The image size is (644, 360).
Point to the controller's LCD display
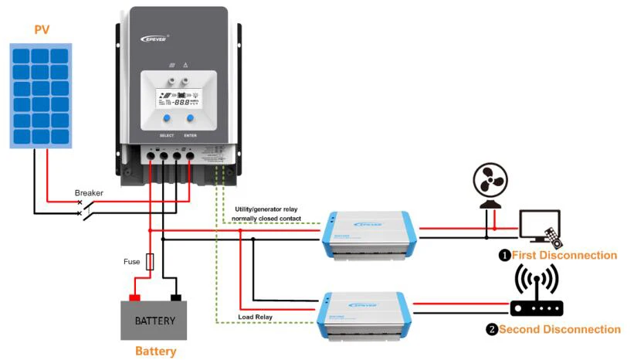click(178, 100)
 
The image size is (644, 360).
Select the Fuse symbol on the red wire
click(150, 262)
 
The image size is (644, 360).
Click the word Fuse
click(132, 262)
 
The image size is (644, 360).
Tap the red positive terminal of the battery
click(134, 297)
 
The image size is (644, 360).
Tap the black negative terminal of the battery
click(176, 297)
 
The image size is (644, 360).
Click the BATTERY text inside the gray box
click(155, 320)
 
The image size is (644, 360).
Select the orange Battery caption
click(155, 351)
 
